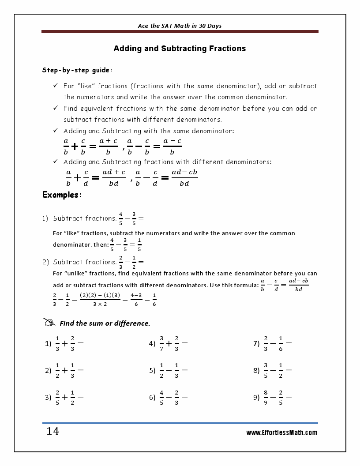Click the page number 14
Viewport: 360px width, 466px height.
tap(52, 431)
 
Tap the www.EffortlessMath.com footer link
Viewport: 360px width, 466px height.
tap(281, 433)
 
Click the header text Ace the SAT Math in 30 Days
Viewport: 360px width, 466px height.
tap(180, 26)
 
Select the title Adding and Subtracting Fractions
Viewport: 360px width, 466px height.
tap(180, 49)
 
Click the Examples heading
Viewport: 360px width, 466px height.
tap(62, 195)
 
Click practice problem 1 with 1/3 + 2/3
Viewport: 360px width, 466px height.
tap(64, 343)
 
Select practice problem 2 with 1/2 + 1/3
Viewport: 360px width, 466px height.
tap(64, 371)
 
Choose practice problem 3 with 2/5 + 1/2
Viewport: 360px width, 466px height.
tap(64, 397)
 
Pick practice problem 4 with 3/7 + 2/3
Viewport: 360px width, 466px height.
tap(169, 343)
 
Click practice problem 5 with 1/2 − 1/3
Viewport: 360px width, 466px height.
tap(169, 371)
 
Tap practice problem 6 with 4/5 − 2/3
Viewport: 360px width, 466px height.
tap(169, 397)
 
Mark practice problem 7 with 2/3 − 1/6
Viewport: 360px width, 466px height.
tap(273, 343)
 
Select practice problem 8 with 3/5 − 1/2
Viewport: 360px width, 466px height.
tap(273, 371)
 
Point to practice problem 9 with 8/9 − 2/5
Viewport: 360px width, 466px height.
tap(273, 397)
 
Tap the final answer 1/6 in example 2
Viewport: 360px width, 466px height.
tap(154, 300)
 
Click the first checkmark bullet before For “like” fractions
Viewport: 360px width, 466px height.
tap(56, 86)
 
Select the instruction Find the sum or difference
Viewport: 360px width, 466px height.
tap(105, 323)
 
